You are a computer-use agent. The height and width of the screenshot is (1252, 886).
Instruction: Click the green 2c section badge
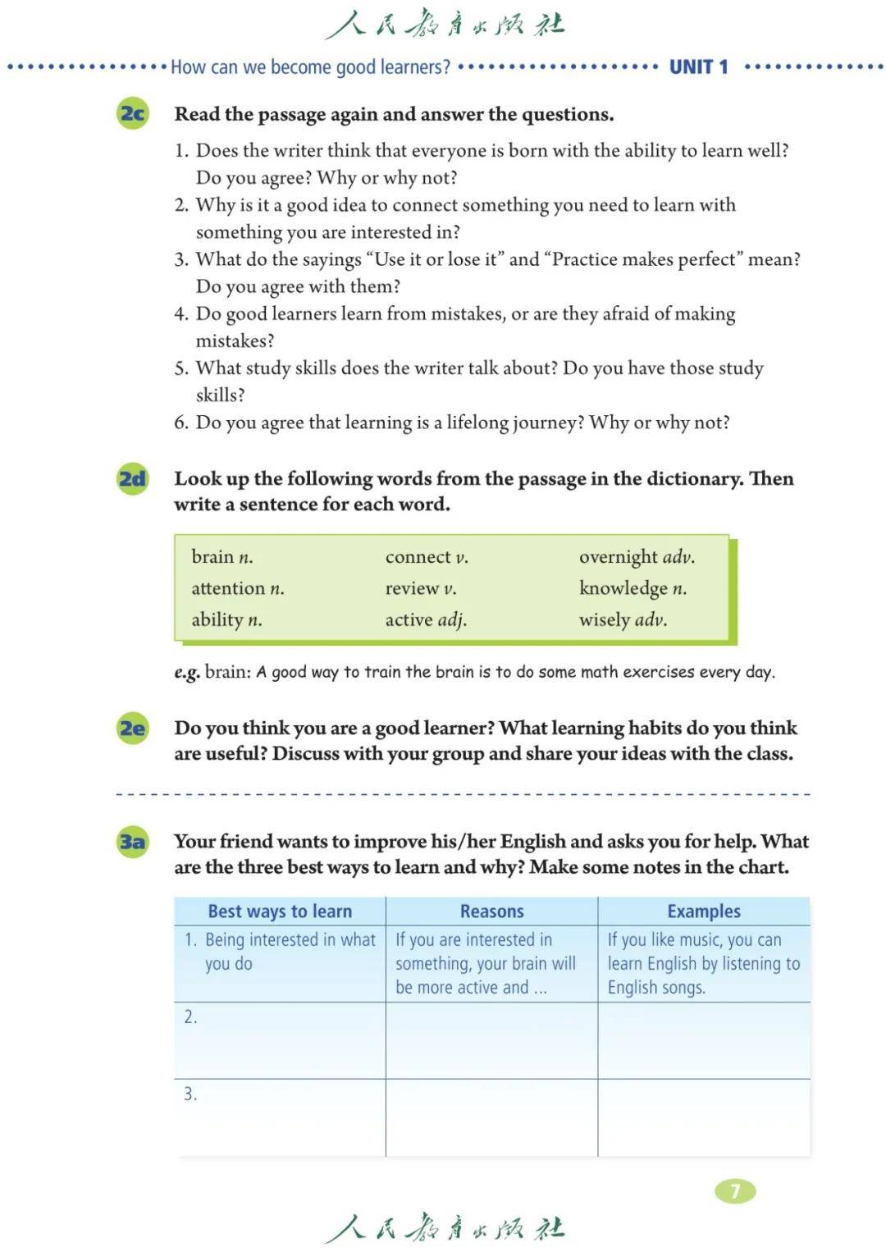coord(133,113)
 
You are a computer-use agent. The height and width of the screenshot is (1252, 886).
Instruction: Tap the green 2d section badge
coord(133,478)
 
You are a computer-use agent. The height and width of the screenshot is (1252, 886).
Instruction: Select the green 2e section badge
coord(133,729)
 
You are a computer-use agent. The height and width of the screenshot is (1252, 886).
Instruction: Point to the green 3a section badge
coord(133,842)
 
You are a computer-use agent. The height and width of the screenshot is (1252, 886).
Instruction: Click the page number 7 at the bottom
coord(735,1190)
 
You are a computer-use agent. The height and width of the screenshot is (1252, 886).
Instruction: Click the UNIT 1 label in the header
coord(698,67)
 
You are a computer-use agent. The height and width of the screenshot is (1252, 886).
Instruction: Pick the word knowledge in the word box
coord(623,588)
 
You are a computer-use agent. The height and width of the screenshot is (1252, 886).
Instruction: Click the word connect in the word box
coord(418,557)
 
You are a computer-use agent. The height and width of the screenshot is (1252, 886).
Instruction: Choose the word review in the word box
coord(412,588)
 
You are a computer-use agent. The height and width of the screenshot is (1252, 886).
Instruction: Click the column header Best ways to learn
coord(280,912)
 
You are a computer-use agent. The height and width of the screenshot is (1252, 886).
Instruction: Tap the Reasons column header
coord(491,912)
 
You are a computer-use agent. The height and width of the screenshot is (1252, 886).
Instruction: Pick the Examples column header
coord(704,912)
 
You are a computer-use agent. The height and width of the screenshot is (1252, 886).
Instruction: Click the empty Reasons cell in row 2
coord(491,1040)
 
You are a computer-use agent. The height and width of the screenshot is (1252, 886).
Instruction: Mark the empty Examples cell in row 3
coord(704,1117)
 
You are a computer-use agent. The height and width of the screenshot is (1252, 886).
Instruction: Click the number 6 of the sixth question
coord(180,423)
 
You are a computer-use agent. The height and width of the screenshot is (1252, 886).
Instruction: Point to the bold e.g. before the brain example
coord(186,673)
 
